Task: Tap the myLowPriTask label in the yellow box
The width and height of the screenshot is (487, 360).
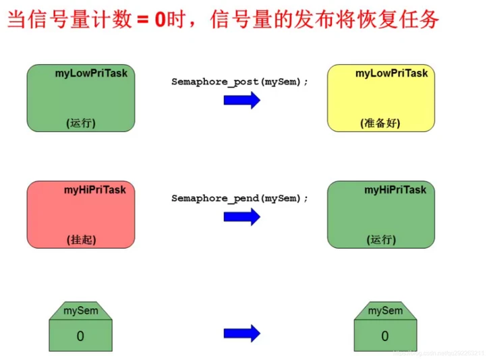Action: (391, 73)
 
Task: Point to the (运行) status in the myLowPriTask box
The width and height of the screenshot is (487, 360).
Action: (81, 123)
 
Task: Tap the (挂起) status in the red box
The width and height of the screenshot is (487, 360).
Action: (81, 239)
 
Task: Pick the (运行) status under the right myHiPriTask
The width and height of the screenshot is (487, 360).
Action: (381, 239)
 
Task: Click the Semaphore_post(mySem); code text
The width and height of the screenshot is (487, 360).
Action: (239, 81)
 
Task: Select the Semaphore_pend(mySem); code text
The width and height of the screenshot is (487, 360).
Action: (239, 198)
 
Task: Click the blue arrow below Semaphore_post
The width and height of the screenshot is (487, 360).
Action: (241, 100)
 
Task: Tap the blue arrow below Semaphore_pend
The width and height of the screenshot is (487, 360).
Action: (241, 216)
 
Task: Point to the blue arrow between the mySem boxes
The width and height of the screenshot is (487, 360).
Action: (241, 332)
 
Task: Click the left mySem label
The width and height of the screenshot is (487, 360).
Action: (81, 311)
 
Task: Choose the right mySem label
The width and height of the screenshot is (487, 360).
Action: (385, 311)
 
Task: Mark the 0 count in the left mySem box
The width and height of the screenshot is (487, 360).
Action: (81, 336)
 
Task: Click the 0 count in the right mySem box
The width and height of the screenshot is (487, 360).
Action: (385, 336)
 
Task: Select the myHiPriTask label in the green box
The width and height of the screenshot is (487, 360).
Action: (395, 189)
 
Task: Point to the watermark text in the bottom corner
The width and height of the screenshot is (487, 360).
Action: (438, 353)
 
